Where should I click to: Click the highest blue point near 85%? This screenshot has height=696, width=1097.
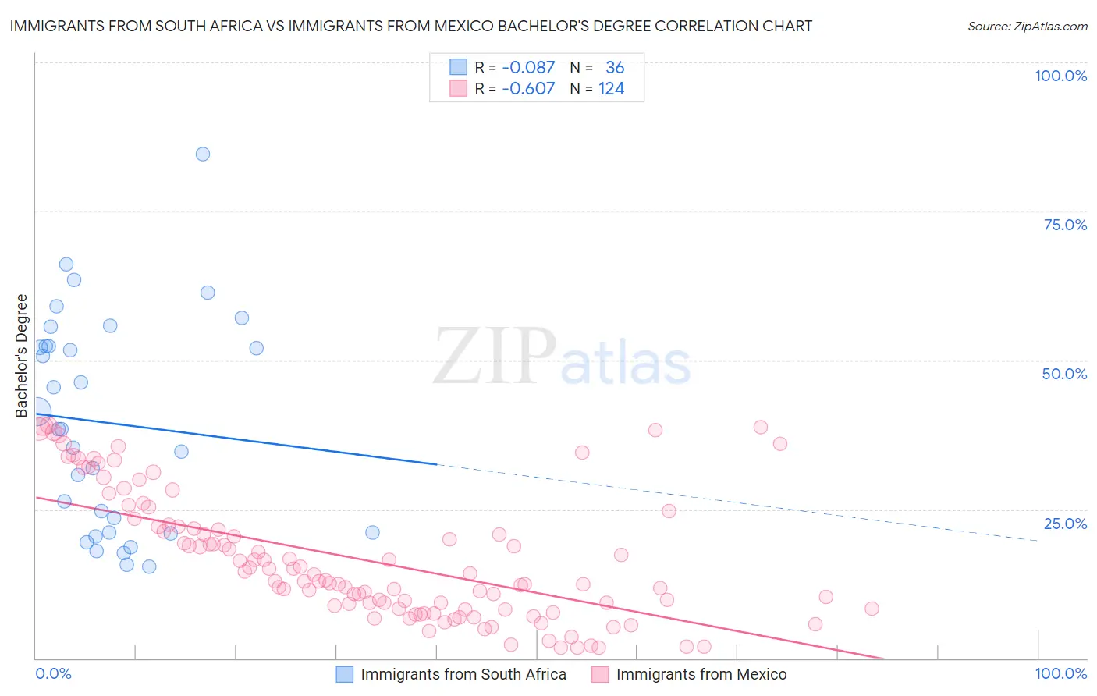[203, 154]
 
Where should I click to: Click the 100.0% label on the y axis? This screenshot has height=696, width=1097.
[1060, 76]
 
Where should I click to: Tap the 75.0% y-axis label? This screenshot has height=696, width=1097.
[1065, 225]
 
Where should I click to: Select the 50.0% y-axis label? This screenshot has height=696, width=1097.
[1064, 374]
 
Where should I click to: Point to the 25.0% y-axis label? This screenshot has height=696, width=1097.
[1065, 523]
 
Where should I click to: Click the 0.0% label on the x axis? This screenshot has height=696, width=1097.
[53, 673]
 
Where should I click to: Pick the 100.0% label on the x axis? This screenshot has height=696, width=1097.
[1060, 673]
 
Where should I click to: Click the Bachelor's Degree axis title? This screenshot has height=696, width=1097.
[22, 355]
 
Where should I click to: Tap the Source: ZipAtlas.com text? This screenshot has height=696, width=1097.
[1027, 27]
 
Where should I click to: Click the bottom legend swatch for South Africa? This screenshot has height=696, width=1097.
[345, 674]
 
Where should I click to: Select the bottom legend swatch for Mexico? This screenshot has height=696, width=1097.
[600, 674]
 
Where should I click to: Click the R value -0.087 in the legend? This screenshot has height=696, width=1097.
[528, 68]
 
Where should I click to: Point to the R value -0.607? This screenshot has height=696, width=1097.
[528, 89]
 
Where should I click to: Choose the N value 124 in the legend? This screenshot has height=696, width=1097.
[611, 89]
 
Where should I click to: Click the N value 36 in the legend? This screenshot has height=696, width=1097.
[615, 68]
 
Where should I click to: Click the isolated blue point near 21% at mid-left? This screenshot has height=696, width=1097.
[372, 532]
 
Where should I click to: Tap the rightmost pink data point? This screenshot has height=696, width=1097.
[872, 609]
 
